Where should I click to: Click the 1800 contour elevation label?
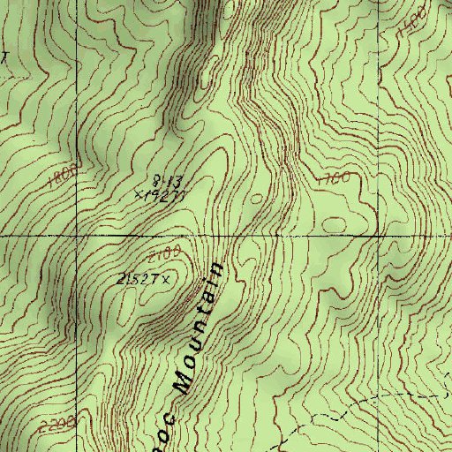click(67, 166)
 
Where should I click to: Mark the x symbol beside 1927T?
click(140, 190)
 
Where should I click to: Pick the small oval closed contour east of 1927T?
click(257, 198)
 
